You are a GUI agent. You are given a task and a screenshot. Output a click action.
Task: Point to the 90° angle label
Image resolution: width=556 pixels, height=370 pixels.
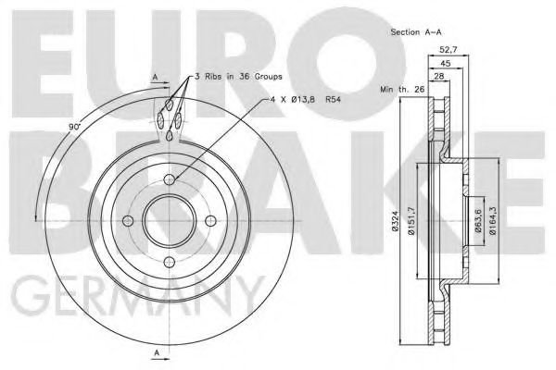click(x=75, y=125)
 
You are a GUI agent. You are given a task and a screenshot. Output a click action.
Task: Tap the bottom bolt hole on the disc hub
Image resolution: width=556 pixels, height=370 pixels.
click(x=170, y=261)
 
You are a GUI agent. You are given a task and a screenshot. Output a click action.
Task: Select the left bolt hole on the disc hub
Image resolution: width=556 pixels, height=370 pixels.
click(x=129, y=220)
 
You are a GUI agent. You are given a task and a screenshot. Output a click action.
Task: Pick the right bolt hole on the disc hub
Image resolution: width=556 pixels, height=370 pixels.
click(x=210, y=220)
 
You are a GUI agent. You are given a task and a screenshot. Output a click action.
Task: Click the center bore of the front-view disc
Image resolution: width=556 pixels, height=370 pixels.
click(x=170, y=220)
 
